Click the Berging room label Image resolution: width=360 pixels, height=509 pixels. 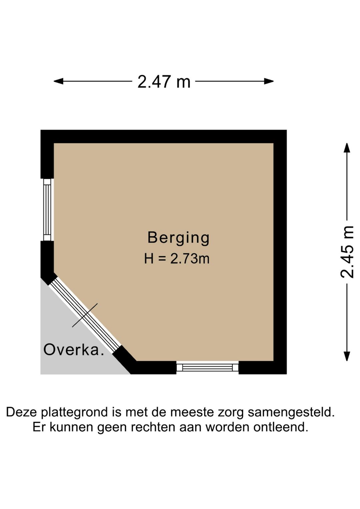178,238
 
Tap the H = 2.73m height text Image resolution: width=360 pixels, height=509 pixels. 177,259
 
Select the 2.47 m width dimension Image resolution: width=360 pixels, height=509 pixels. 164,82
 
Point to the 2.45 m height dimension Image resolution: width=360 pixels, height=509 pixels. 347,252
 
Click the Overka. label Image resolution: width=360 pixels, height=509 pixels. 74,350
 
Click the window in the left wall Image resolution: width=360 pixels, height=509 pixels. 47,209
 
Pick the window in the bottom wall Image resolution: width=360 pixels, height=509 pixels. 207,368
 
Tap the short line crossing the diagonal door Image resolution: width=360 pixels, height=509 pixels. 85,315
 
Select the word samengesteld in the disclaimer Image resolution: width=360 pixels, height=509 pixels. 291,412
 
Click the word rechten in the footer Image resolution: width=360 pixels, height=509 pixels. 153,427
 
